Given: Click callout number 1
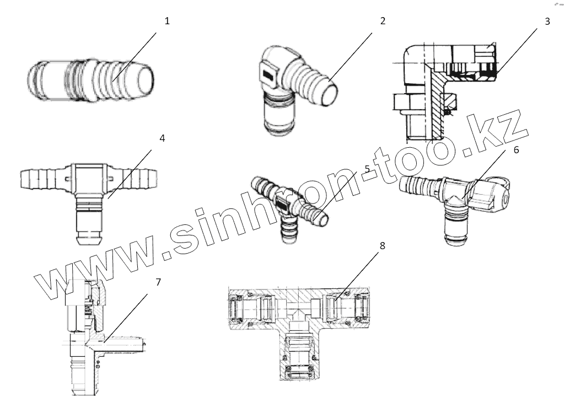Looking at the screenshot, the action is (167, 22).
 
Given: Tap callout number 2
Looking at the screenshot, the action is (383, 22).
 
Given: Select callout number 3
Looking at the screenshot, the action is (547, 22).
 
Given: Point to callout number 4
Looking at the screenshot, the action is (162, 138).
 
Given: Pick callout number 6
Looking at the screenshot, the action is (516, 150).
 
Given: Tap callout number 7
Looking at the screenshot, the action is (158, 282).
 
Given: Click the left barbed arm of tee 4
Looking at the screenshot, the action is (40, 178).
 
